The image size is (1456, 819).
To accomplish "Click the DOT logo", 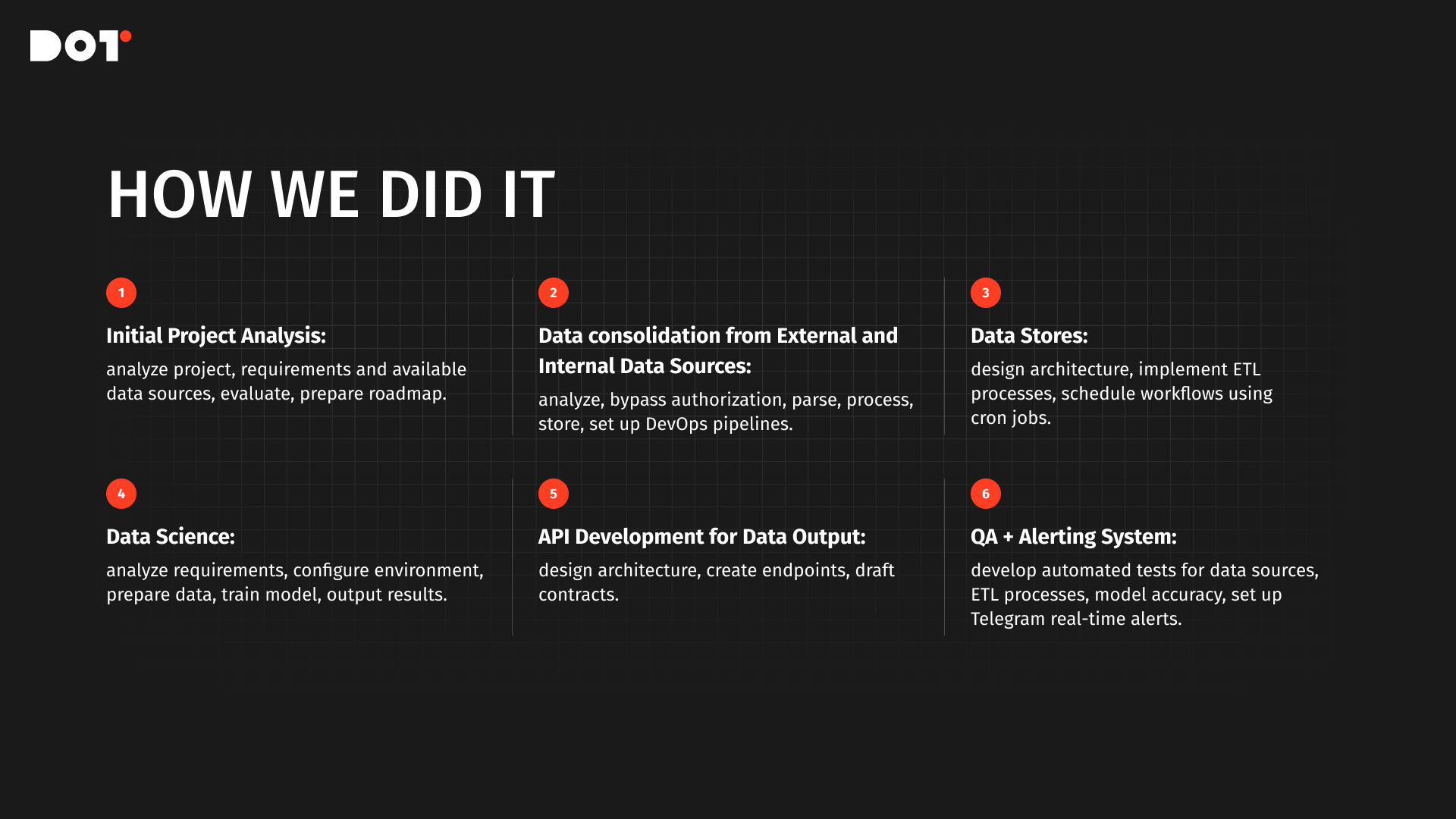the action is pos(80,45).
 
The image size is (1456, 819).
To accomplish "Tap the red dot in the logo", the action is pos(126,36).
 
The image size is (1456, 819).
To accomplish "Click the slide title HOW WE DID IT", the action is pos(331,195).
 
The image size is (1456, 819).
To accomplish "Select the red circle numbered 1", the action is pos(121,293).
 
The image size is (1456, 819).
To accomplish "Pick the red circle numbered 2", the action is pos(554,293).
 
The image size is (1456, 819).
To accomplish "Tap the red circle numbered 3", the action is pos(986,293).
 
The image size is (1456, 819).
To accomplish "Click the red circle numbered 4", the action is pos(121,494).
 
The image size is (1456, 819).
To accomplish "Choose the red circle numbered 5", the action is pos(554,494).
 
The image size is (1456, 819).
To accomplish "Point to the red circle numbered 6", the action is pos(986,494).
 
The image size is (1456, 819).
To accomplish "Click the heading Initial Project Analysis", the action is pos(216,336).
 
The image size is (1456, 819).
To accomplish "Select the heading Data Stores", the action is pos(1029,336).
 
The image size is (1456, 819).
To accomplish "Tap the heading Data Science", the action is pos(171,537).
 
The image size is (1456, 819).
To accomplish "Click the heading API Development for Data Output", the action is pos(702,537).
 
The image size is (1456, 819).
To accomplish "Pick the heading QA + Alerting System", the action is pos(1074,537).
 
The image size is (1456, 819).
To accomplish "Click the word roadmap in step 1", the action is pos(408,394).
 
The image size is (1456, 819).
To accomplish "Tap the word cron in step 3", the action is pos(988,419).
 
